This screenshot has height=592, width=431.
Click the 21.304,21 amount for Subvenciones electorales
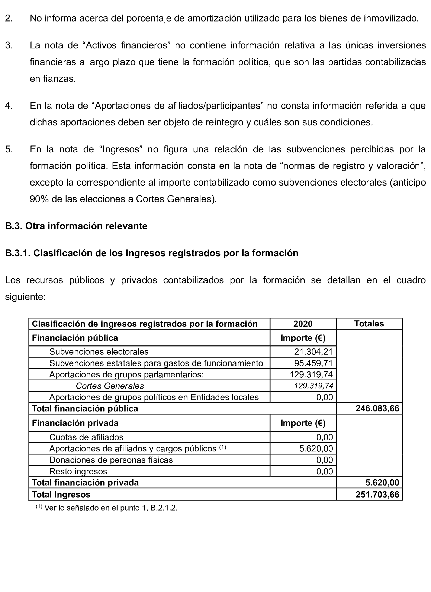click(x=313, y=352)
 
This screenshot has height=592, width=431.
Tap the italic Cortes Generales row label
click(x=110, y=386)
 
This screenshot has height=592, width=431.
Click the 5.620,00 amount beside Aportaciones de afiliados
click(x=316, y=448)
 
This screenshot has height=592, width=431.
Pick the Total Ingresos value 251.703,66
click(x=377, y=494)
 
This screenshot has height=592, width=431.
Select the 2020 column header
click(x=303, y=324)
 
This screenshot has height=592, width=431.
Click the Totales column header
click(x=369, y=324)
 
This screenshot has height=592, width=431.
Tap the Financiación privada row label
click(x=75, y=423)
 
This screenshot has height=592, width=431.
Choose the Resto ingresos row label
click(x=78, y=472)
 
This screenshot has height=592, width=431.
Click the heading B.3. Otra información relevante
click(x=76, y=226)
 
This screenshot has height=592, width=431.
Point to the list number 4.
click(x=9, y=106)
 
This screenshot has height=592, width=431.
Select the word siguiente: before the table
click(x=25, y=297)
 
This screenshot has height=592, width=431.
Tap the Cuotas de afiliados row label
click(x=86, y=437)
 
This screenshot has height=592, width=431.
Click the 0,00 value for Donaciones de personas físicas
click(x=325, y=460)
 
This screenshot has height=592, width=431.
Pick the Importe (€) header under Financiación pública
click(x=303, y=338)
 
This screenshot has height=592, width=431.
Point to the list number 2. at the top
click(x=9, y=18)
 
